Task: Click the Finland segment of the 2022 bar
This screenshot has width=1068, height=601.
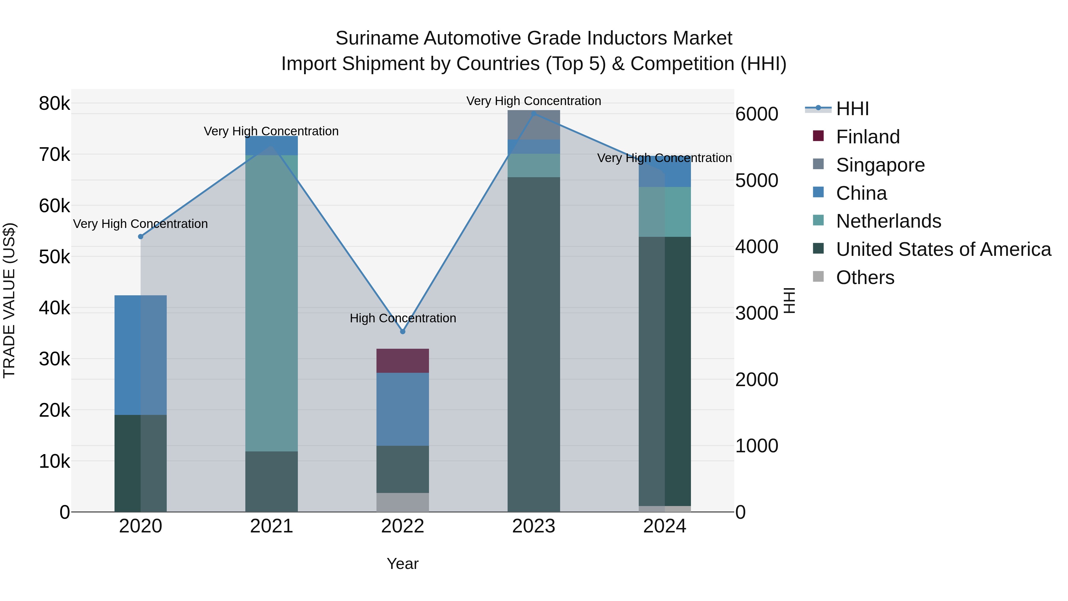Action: point(402,360)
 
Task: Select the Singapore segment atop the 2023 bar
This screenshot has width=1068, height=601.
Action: point(534,125)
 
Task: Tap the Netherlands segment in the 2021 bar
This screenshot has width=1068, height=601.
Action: point(271,303)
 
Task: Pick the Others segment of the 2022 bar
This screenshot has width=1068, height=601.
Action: point(402,502)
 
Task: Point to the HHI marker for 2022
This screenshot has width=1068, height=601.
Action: point(402,332)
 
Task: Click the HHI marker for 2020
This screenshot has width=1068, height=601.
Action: point(141,237)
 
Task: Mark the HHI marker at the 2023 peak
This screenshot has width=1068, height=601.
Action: point(534,113)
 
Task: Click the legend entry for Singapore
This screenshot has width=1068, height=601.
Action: point(880,165)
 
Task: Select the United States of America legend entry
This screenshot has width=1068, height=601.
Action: point(943,249)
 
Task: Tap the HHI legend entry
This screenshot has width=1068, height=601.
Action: point(852,109)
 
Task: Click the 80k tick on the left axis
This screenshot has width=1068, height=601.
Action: point(54,103)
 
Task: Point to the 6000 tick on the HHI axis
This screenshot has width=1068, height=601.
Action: point(757,114)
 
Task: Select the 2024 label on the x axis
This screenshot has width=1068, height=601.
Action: point(664,526)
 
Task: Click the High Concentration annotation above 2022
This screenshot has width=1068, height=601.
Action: point(403,318)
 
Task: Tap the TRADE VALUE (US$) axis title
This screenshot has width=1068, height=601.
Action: point(9,300)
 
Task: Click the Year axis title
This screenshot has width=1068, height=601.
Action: point(402,564)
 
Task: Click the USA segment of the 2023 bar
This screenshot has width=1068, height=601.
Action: point(534,344)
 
